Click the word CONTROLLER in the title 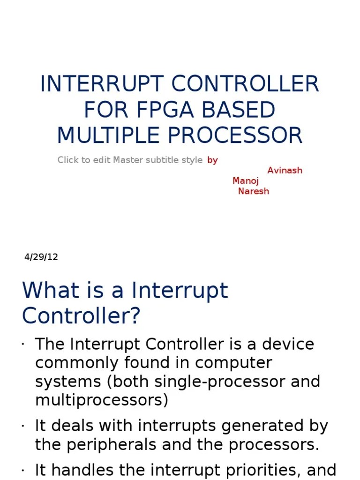245,84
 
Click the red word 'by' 212,160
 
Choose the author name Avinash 285,170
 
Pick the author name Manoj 245,180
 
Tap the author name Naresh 254,191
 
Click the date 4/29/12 41,257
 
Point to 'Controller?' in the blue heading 81,316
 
